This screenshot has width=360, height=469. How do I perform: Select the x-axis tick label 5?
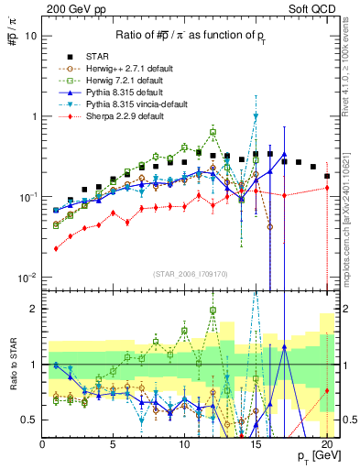tap(113, 443)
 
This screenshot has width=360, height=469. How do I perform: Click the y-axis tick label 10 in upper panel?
tap(30, 36)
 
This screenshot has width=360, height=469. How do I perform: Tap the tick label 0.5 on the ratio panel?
tap(29, 420)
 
